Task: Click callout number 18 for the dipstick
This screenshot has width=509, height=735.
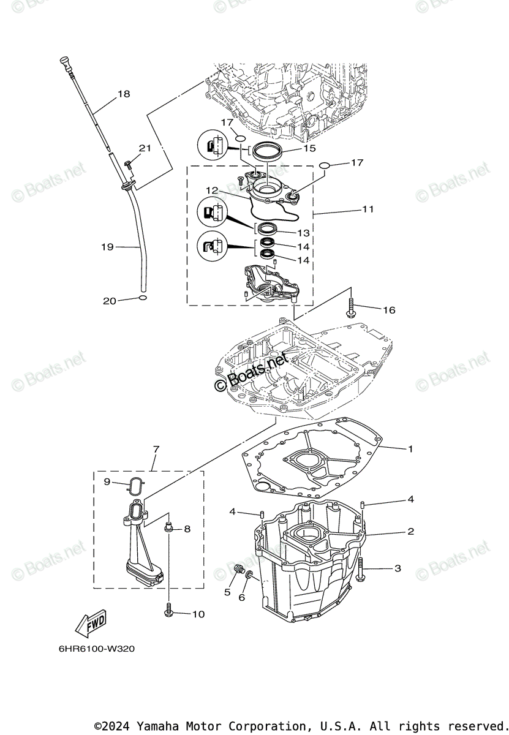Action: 124,94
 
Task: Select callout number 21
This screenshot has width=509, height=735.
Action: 145,148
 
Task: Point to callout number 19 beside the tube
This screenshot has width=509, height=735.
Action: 107,247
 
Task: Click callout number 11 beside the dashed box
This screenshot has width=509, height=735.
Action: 368,209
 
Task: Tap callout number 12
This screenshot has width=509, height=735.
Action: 212,190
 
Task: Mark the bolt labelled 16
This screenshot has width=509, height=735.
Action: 352,307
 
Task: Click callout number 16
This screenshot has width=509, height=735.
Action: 389,310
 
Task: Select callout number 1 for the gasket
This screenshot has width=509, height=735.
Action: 410,449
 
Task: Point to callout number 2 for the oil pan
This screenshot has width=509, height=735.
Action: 410,532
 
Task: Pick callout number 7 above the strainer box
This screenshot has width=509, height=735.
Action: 156,450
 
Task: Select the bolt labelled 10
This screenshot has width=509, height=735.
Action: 168,609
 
